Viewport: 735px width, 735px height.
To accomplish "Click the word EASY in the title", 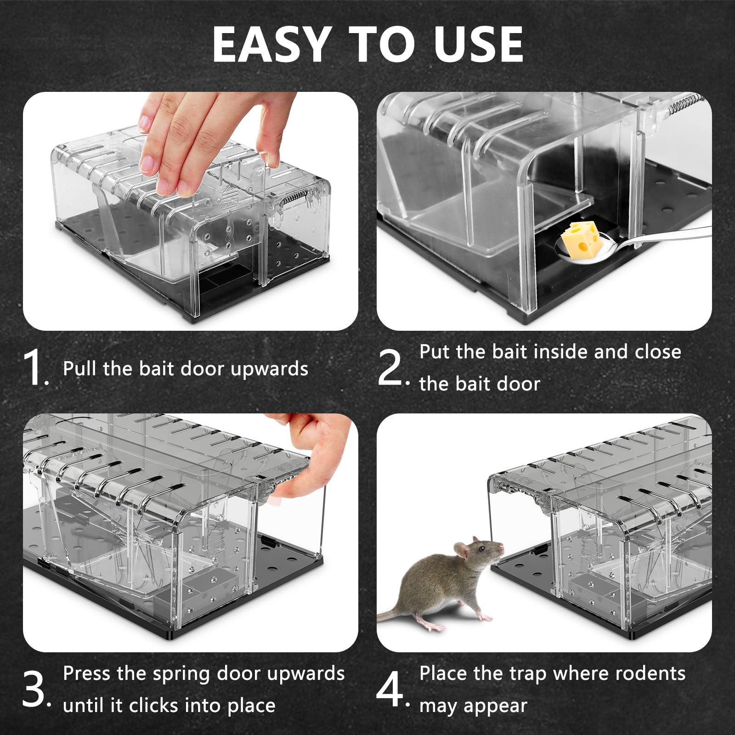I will point(271,44).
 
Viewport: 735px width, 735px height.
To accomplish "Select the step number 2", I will point(390,367).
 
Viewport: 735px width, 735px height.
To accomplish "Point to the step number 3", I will point(33,689).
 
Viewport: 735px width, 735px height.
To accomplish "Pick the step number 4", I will point(390,689).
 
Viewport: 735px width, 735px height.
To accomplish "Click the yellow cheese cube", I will point(580,238).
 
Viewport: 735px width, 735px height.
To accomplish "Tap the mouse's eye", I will point(481,548).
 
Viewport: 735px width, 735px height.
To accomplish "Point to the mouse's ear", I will point(461,549).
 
